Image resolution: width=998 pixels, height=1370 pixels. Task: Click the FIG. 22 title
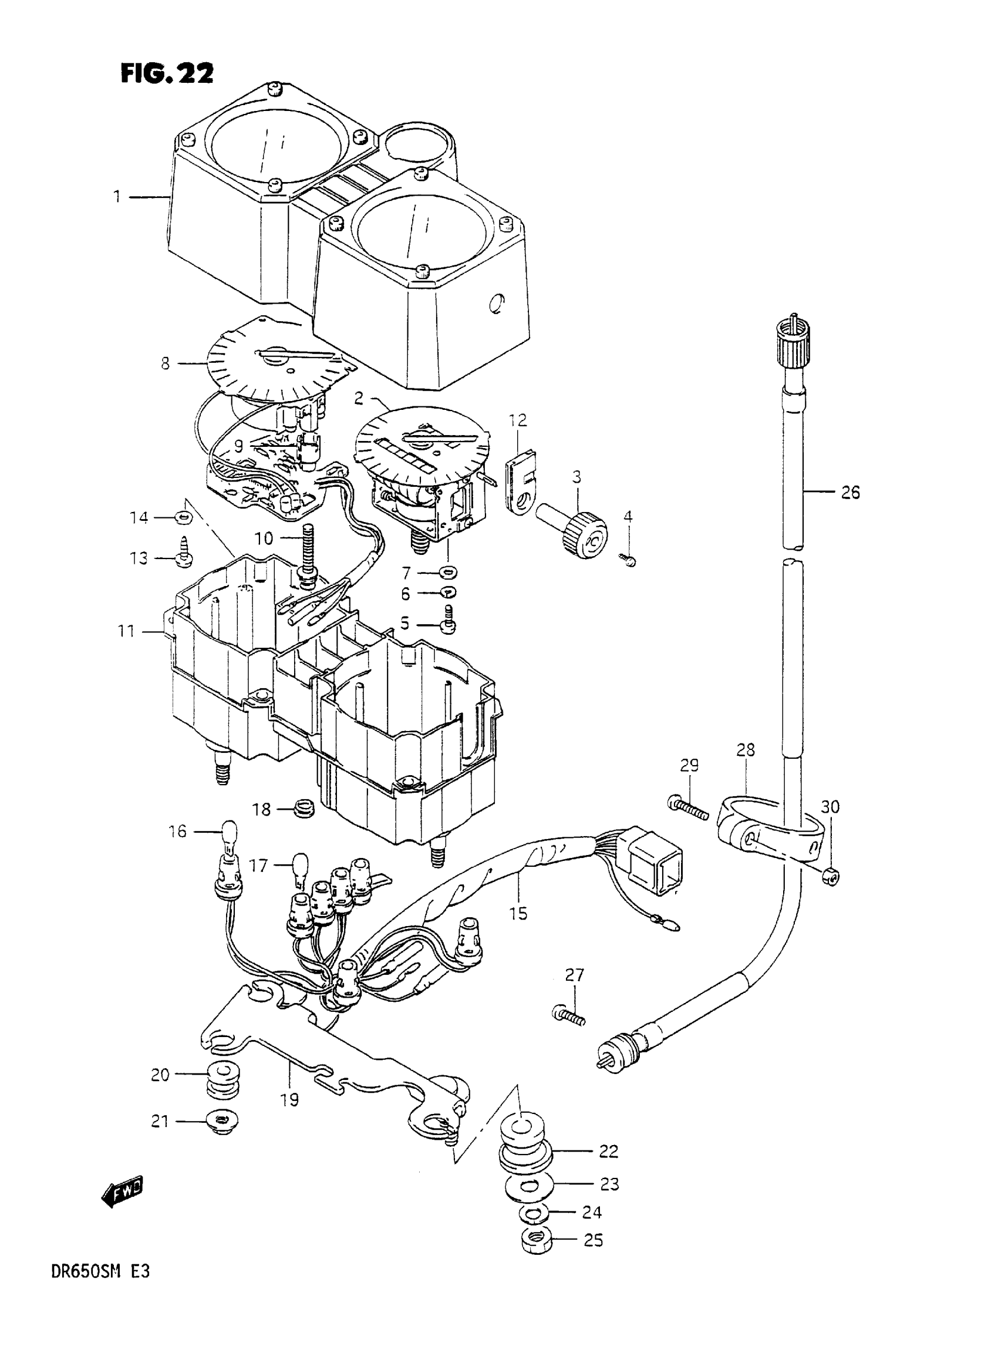[167, 74]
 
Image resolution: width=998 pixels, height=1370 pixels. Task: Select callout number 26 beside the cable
[850, 493]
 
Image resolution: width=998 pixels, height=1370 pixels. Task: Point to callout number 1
[117, 196]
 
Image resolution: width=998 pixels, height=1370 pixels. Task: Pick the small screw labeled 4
[628, 560]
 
